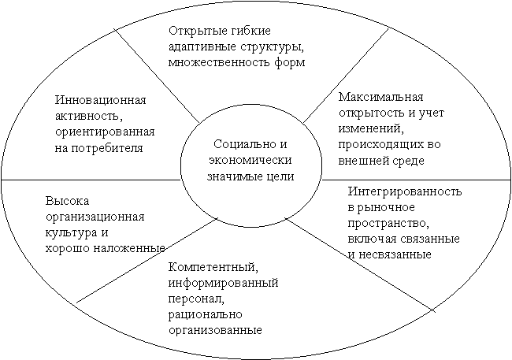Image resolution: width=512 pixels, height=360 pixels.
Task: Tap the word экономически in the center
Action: [x=250, y=160]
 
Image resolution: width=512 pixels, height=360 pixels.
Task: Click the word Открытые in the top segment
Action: [x=193, y=31]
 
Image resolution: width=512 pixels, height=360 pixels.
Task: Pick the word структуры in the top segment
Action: [x=273, y=47]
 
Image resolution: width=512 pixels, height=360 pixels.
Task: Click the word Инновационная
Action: [x=100, y=100]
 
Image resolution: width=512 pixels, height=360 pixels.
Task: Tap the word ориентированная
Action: [x=105, y=132]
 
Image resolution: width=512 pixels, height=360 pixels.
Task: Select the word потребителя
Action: [x=107, y=148]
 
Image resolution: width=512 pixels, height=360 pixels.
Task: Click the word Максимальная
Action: [x=381, y=97]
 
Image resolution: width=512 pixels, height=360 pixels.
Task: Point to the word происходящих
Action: [x=378, y=145]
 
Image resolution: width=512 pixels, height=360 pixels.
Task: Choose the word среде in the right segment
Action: [x=408, y=161]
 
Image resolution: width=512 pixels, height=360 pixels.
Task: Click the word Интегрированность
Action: [x=405, y=191]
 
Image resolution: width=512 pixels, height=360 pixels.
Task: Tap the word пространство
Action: [x=388, y=223]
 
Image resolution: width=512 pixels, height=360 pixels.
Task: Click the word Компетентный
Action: [x=213, y=267]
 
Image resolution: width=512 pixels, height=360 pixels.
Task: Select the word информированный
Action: [x=224, y=283]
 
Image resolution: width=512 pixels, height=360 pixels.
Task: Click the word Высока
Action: [x=67, y=201]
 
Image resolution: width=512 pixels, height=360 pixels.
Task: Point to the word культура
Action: [x=71, y=233]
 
